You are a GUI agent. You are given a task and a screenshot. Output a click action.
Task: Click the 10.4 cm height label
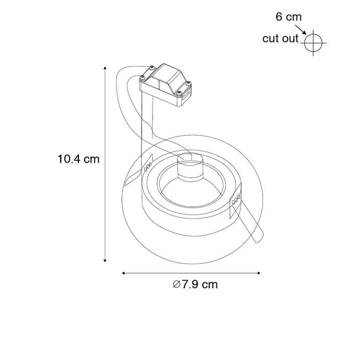coord(78,160)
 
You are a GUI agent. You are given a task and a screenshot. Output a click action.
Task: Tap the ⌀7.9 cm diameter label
coord(195,284)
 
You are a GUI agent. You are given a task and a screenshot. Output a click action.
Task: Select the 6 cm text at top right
coord(288,17)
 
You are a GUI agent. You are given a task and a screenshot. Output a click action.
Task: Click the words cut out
coord(280,39)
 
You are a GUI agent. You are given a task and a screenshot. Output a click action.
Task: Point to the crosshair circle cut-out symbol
coord(312,43)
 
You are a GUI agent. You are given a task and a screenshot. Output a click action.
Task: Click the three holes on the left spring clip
coord(148,167)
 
